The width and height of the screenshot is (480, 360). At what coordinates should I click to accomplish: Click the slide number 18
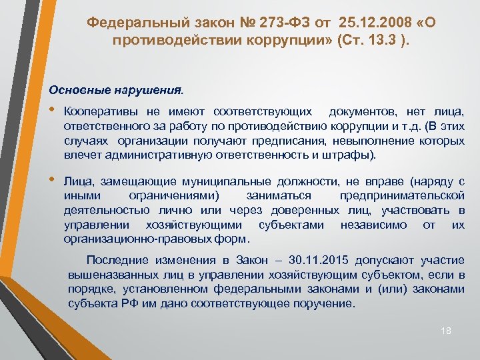(x=447, y=331)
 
